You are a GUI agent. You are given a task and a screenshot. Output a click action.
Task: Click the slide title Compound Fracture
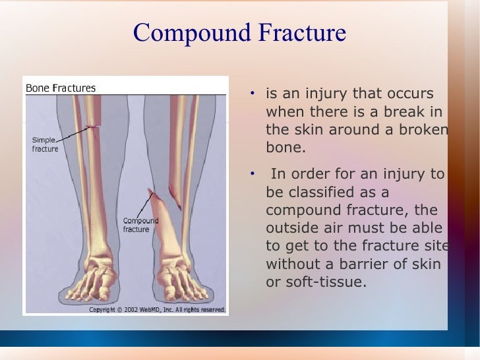(x=239, y=32)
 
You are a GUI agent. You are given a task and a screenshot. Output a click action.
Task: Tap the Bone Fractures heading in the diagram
(x=60, y=88)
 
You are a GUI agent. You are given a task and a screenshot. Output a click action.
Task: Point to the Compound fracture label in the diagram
(x=140, y=225)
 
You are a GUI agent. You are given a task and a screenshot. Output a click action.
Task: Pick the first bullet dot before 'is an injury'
(x=253, y=94)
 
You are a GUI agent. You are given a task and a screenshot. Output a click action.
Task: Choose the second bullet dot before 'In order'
(x=253, y=175)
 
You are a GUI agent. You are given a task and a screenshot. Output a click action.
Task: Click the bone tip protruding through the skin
(x=152, y=193)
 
